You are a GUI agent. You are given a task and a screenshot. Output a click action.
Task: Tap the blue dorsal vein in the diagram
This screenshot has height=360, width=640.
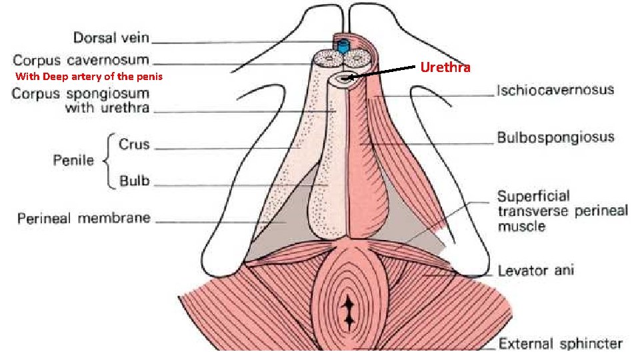coord(344,46)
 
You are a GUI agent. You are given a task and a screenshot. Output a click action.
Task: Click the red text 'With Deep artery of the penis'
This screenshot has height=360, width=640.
coord(89,77)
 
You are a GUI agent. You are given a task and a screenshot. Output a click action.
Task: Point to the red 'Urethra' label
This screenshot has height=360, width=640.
coord(445,67)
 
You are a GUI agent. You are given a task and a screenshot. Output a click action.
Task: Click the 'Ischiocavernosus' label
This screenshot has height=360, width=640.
coord(555,90)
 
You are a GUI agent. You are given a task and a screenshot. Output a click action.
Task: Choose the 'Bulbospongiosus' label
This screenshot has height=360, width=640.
coord(555,138)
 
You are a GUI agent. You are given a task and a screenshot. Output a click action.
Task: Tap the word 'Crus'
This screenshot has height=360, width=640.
coord(133,145)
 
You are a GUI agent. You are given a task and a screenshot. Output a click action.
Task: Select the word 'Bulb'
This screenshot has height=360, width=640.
coord(134,180)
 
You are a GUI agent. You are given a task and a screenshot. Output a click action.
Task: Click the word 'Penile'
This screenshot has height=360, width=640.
coord(73,161)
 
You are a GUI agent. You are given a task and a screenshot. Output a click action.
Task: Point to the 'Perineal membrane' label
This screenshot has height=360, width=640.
coord(83,218)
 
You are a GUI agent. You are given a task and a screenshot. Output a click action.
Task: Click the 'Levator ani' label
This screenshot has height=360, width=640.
coord(535,271)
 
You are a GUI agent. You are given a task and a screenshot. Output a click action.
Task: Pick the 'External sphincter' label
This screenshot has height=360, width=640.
coord(560,344)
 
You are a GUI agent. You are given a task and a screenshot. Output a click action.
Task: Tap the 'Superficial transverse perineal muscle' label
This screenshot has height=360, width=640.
coord(562,211)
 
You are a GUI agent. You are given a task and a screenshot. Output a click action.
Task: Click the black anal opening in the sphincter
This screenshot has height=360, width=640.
coord(347,313)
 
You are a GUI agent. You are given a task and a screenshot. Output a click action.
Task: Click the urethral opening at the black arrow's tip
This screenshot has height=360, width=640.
coord(345,79)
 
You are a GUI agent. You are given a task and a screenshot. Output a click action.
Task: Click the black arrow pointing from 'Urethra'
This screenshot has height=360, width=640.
coord(383,71)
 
